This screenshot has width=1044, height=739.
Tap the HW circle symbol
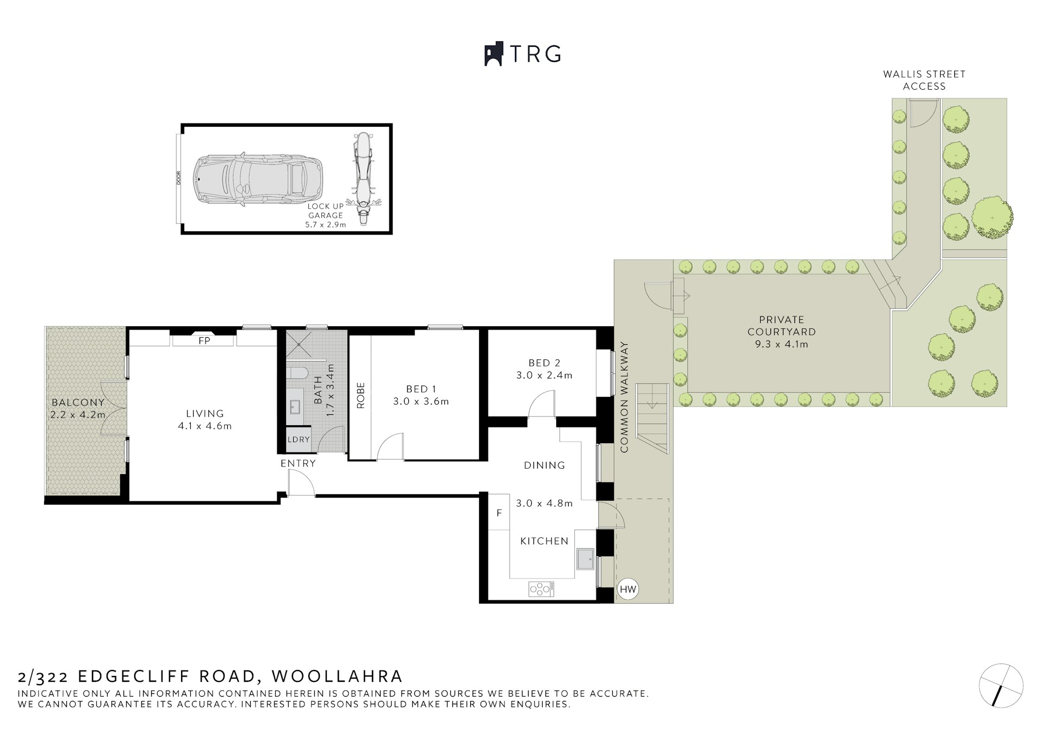coord(628,589)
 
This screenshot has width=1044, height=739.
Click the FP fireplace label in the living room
coord(204,341)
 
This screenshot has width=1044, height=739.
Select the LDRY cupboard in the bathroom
coord(299,439)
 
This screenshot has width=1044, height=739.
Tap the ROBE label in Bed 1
coord(361,395)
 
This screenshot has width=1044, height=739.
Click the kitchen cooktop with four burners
coord(541,588)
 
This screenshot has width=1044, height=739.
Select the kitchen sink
coord(586,558)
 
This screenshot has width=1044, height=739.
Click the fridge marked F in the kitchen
coord(499,513)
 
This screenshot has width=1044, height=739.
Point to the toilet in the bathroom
coord(297,373)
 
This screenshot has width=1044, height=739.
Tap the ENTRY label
coord(298,463)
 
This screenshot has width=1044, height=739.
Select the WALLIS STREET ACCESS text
coord(924,80)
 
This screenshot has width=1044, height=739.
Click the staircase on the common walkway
coord(652,418)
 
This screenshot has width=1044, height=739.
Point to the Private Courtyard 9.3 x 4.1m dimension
coord(781,344)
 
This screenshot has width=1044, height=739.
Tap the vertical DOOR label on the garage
coord(178,179)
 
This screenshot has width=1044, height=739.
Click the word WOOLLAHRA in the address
coord(337,676)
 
